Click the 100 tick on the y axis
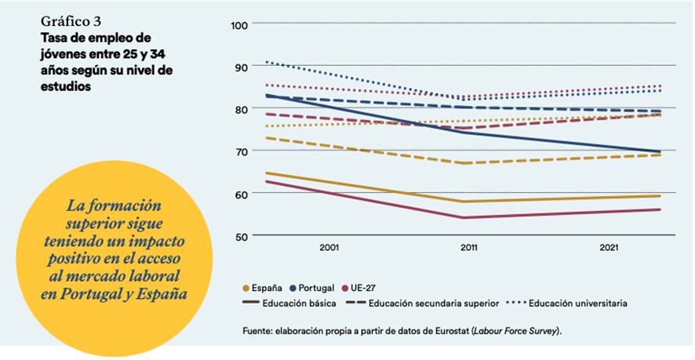tap(239, 25)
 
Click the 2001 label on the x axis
tap(329, 248)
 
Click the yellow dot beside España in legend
tap(247, 288)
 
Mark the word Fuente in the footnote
tap(258, 332)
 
